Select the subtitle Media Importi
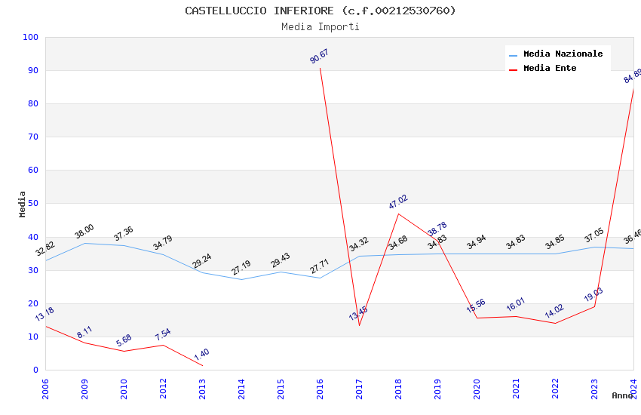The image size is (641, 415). coord(320,26)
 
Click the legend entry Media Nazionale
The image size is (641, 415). coord(563,54)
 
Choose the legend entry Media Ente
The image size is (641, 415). coord(550,68)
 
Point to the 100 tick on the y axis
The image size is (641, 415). coord(31,37)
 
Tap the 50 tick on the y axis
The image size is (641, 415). coord(33,204)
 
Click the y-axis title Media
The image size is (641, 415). coord(23,204)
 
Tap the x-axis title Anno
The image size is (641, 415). coord(622,395)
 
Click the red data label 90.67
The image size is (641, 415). coord(319,57)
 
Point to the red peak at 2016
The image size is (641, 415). coord(320,68)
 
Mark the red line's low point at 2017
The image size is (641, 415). coord(359,325)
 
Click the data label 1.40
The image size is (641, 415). coord(201,353)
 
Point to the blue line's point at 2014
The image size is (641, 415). coord(241,279)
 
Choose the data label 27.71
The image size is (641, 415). coord(319,266)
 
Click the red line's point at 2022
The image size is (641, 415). coord(555,323)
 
